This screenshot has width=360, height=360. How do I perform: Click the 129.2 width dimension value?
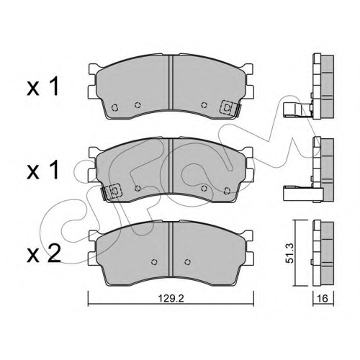[x=171, y=299]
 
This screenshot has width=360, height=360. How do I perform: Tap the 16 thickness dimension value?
[x=322, y=298]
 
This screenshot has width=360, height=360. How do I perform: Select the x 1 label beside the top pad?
[x=43, y=87]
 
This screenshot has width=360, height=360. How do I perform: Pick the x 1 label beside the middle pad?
[x=43, y=170]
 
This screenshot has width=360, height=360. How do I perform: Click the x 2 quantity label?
[x=44, y=253]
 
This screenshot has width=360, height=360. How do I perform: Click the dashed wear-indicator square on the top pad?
[x=228, y=108]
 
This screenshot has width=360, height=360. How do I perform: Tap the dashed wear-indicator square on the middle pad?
[x=114, y=191]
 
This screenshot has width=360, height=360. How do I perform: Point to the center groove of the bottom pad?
[x=171, y=250]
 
